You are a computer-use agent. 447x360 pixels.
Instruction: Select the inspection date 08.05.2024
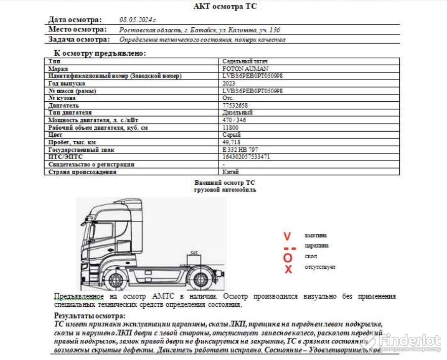coord(138,20)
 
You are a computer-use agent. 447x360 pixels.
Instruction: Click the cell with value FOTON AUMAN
coord(245,68)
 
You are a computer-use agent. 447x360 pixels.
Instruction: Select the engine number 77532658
coord(235,105)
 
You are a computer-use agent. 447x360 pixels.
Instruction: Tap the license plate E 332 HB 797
coord(240,150)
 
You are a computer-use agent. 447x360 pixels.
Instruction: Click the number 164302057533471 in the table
coord(246,157)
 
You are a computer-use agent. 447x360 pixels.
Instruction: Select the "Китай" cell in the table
coord(231,172)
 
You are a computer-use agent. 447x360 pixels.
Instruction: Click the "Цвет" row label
coord(55,135)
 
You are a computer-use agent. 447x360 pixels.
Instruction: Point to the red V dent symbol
coord(287,236)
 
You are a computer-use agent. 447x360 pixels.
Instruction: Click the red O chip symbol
coord(288,257)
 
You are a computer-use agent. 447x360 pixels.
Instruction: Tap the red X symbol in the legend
coord(288,269)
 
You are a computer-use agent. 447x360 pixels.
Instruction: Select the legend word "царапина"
coord(316,246)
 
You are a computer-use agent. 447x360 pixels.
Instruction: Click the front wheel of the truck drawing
coord(116,280)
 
